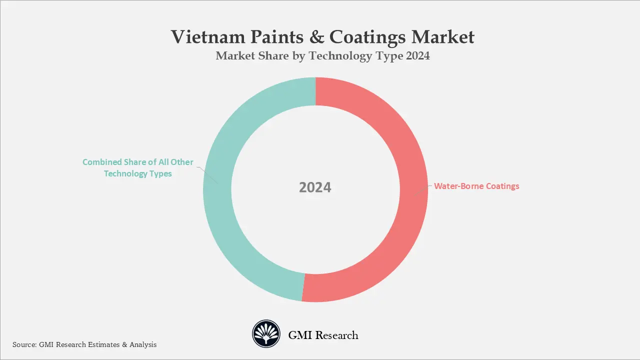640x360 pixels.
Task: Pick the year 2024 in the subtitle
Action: tap(417, 56)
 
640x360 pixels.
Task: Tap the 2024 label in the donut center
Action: tap(315, 187)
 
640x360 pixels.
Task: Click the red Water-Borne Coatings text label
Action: tap(476, 186)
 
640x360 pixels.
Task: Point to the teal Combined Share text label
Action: tap(138, 168)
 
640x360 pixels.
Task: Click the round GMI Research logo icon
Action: tap(266, 334)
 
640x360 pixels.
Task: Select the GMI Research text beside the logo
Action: tap(323, 335)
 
